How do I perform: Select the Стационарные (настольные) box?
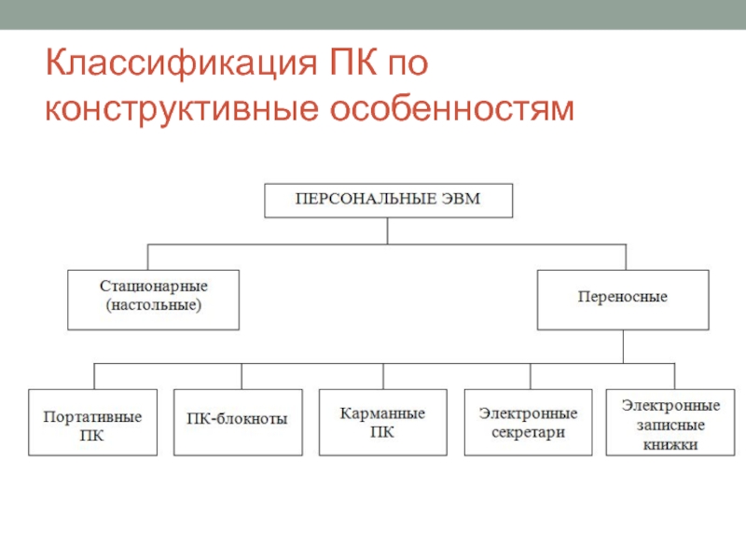point(153,299)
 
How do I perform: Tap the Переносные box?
point(622,299)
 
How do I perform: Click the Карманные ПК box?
point(382,421)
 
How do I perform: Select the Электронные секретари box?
point(528,422)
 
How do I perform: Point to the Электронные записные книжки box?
point(670,423)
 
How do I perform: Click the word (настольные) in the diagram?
point(153,306)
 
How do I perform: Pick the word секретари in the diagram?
point(528,432)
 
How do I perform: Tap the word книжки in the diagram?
point(670,444)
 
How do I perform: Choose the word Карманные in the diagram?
point(382,413)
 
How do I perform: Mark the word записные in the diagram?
point(670,426)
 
